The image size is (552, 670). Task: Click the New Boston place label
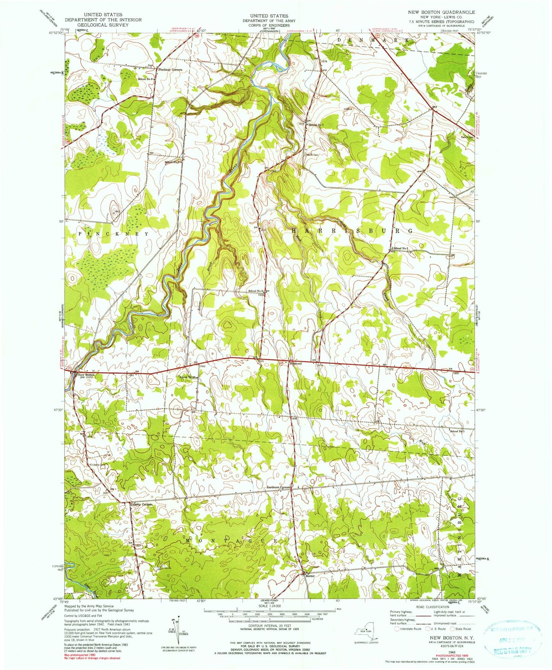(x=86, y=375)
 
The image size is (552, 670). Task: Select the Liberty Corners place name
(x=141, y=504)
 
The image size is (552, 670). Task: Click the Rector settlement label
(x=310, y=576)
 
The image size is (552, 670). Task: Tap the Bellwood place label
(x=295, y=363)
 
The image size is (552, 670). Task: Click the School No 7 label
(x=316, y=125)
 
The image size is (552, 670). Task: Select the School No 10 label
(x=188, y=377)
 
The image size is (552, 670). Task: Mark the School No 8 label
(x=146, y=79)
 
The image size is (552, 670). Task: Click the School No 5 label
(x=457, y=431)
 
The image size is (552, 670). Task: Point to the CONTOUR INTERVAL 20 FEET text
(x=266, y=626)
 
